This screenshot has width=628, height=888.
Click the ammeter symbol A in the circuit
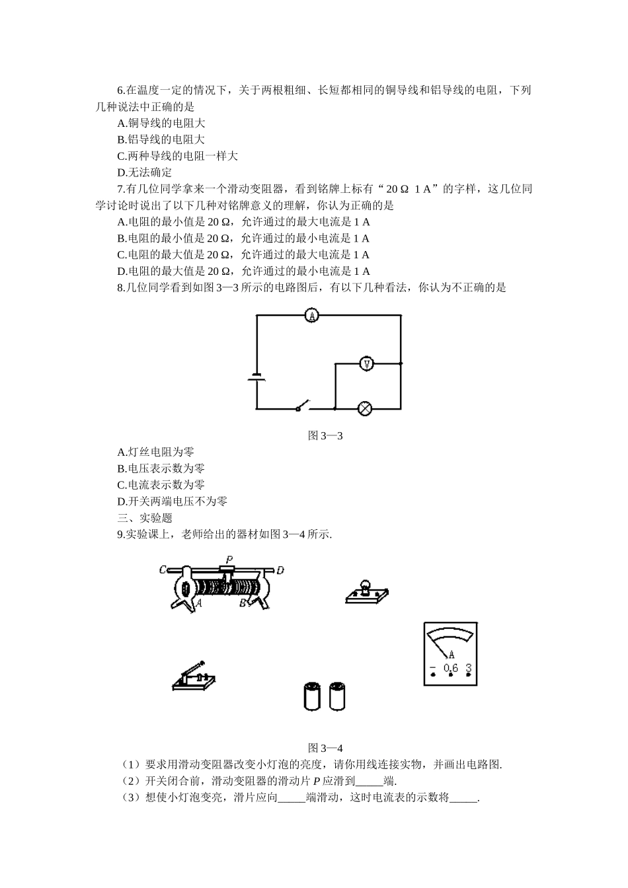[x=312, y=316]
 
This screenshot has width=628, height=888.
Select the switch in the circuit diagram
[x=303, y=405]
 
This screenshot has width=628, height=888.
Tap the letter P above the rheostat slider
[x=229, y=559]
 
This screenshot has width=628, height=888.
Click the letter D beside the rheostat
[x=280, y=570]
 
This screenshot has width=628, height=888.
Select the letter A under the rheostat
[x=198, y=602]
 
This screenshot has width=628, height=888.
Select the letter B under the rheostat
[x=243, y=603]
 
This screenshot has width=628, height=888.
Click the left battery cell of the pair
[x=311, y=697]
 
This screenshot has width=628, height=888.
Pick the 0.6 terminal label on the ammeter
[x=450, y=668]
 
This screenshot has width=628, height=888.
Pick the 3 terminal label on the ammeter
[x=468, y=668]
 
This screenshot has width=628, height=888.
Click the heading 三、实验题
[x=145, y=518]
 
